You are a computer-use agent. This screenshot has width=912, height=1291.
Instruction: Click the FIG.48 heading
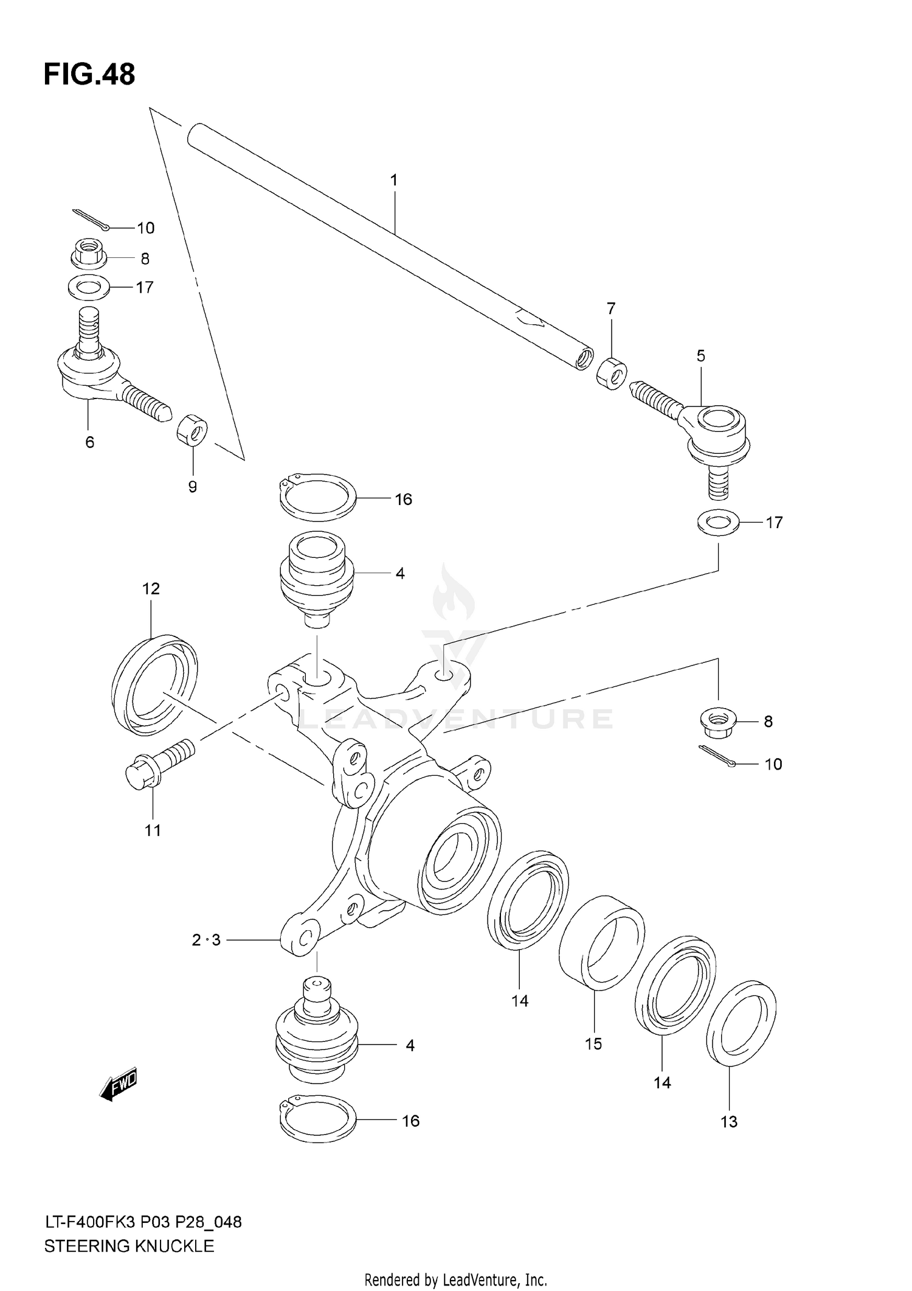pos(89,74)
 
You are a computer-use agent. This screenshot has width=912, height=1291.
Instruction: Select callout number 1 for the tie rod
pos(394,180)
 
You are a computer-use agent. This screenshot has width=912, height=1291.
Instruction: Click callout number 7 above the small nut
pos(611,308)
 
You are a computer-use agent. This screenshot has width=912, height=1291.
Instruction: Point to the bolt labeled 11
pos(157,764)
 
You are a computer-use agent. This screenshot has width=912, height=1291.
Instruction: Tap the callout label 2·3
pos(206,940)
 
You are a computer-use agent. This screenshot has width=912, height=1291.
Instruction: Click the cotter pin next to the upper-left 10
pos(91,220)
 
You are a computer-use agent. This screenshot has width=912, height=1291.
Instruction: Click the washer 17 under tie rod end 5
pos(719,522)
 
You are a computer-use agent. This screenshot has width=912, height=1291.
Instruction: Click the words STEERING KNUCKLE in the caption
pos(129,1246)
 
